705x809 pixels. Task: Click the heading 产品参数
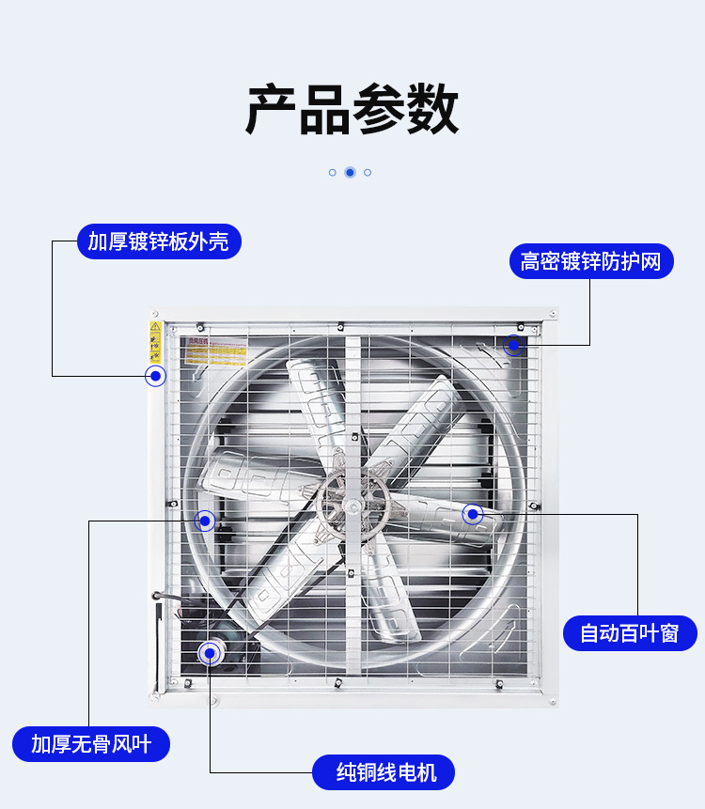click(352, 110)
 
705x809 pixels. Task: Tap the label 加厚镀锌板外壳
click(158, 241)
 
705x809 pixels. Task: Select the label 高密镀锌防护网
click(591, 260)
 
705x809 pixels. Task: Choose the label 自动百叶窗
click(629, 633)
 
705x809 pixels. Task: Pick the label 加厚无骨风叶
click(91, 744)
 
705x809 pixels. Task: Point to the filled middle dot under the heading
click(350, 172)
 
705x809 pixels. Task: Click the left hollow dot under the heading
click(333, 172)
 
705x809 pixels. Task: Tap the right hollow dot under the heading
click(368, 172)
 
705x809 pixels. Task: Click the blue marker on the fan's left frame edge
click(155, 377)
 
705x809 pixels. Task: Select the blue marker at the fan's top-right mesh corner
click(513, 345)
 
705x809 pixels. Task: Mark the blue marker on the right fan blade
click(473, 514)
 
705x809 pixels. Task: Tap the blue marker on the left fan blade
click(205, 521)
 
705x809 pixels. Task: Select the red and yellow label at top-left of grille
click(215, 351)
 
